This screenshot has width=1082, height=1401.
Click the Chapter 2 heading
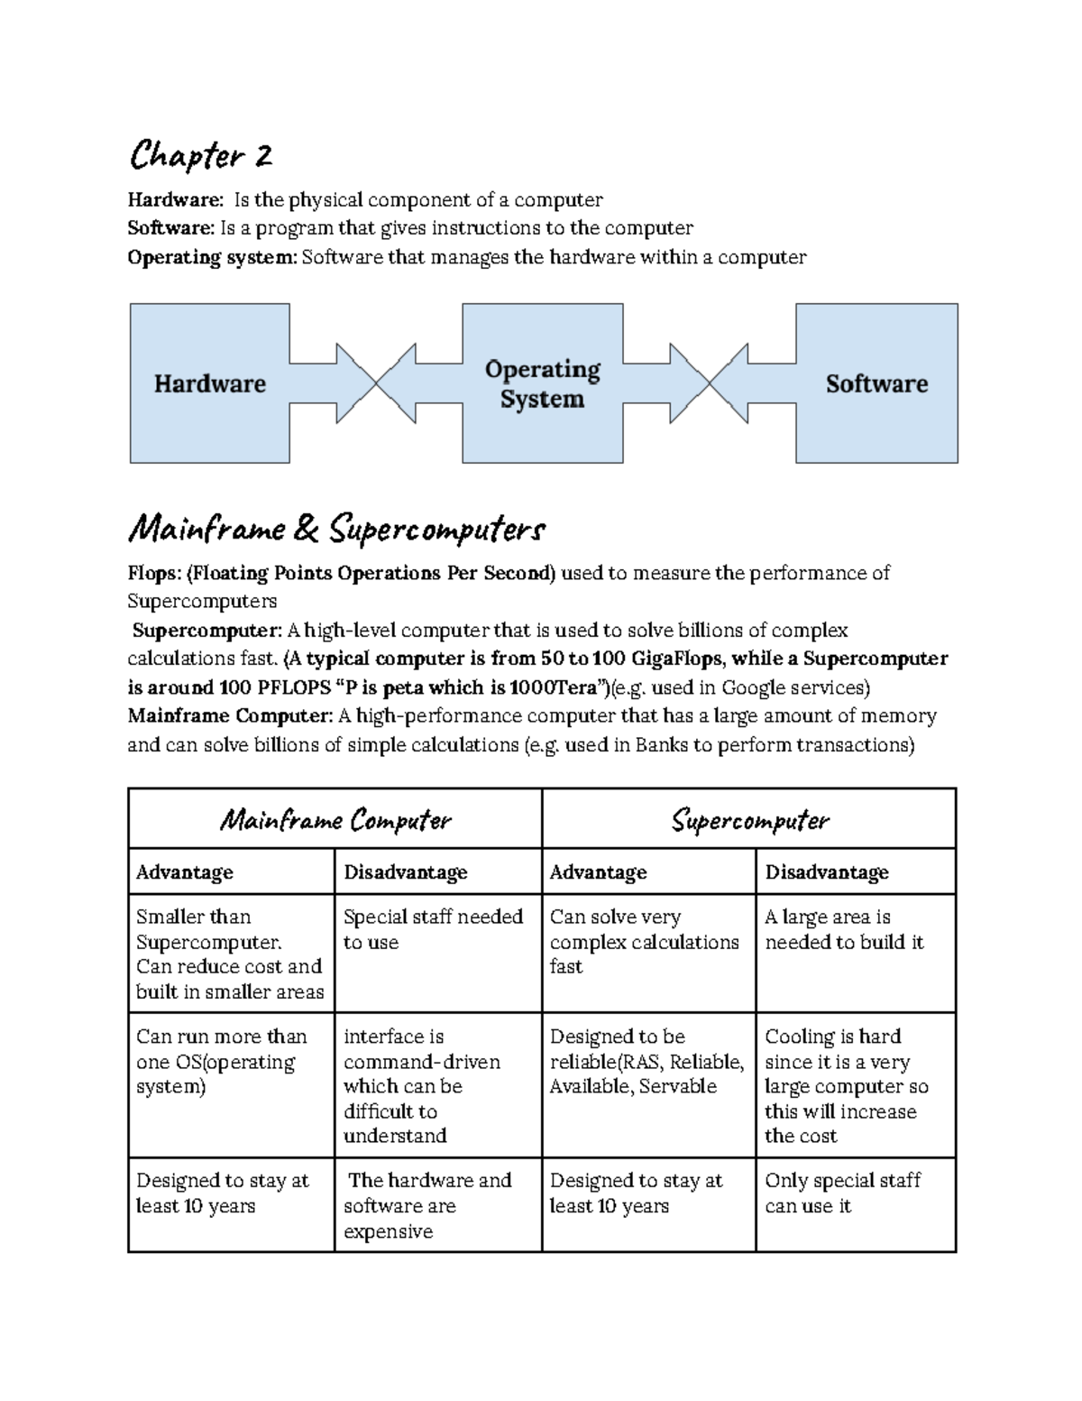(200, 156)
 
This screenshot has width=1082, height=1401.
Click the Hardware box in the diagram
(209, 383)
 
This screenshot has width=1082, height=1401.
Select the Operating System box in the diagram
(542, 383)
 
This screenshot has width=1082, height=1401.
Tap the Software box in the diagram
(876, 383)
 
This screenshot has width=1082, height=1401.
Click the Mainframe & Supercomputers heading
(336, 530)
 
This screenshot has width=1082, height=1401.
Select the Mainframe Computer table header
(335, 819)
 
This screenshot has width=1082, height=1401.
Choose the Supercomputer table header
(749, 819)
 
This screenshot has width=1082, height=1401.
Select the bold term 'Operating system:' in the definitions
(211, 257)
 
